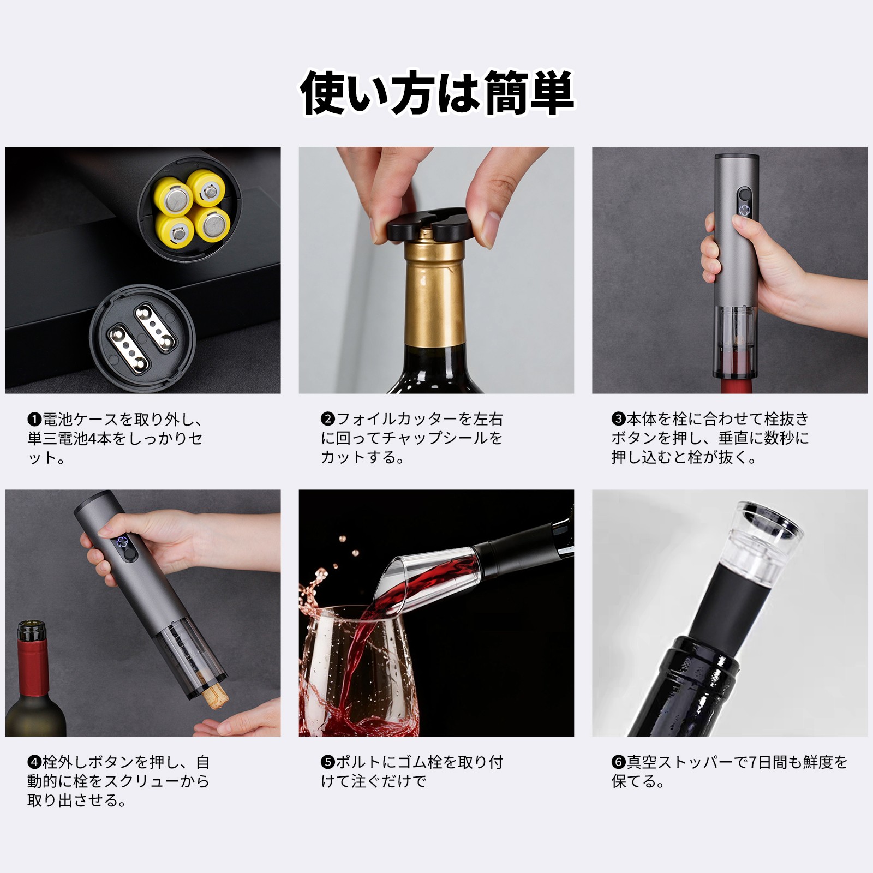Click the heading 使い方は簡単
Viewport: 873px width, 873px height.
coord(437,93)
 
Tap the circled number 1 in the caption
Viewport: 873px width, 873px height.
coord(34,420)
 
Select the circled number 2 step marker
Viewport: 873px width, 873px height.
coord(328,419)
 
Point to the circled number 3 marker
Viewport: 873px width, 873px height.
coord(618,419)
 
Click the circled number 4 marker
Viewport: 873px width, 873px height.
coord(34,762)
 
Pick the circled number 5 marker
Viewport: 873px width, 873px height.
coord(328,762)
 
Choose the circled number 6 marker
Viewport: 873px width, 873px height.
coord(618,762)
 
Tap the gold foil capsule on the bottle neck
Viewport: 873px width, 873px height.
coord(434,292)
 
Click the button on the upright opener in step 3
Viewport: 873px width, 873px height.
coord(743,195)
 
